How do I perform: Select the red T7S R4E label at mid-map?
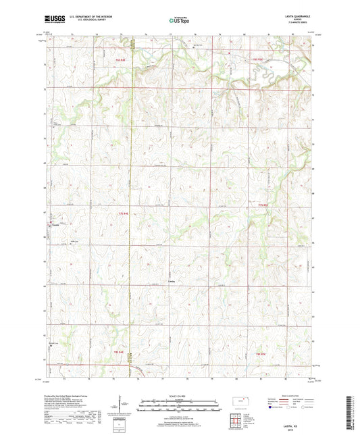[123, 213]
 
